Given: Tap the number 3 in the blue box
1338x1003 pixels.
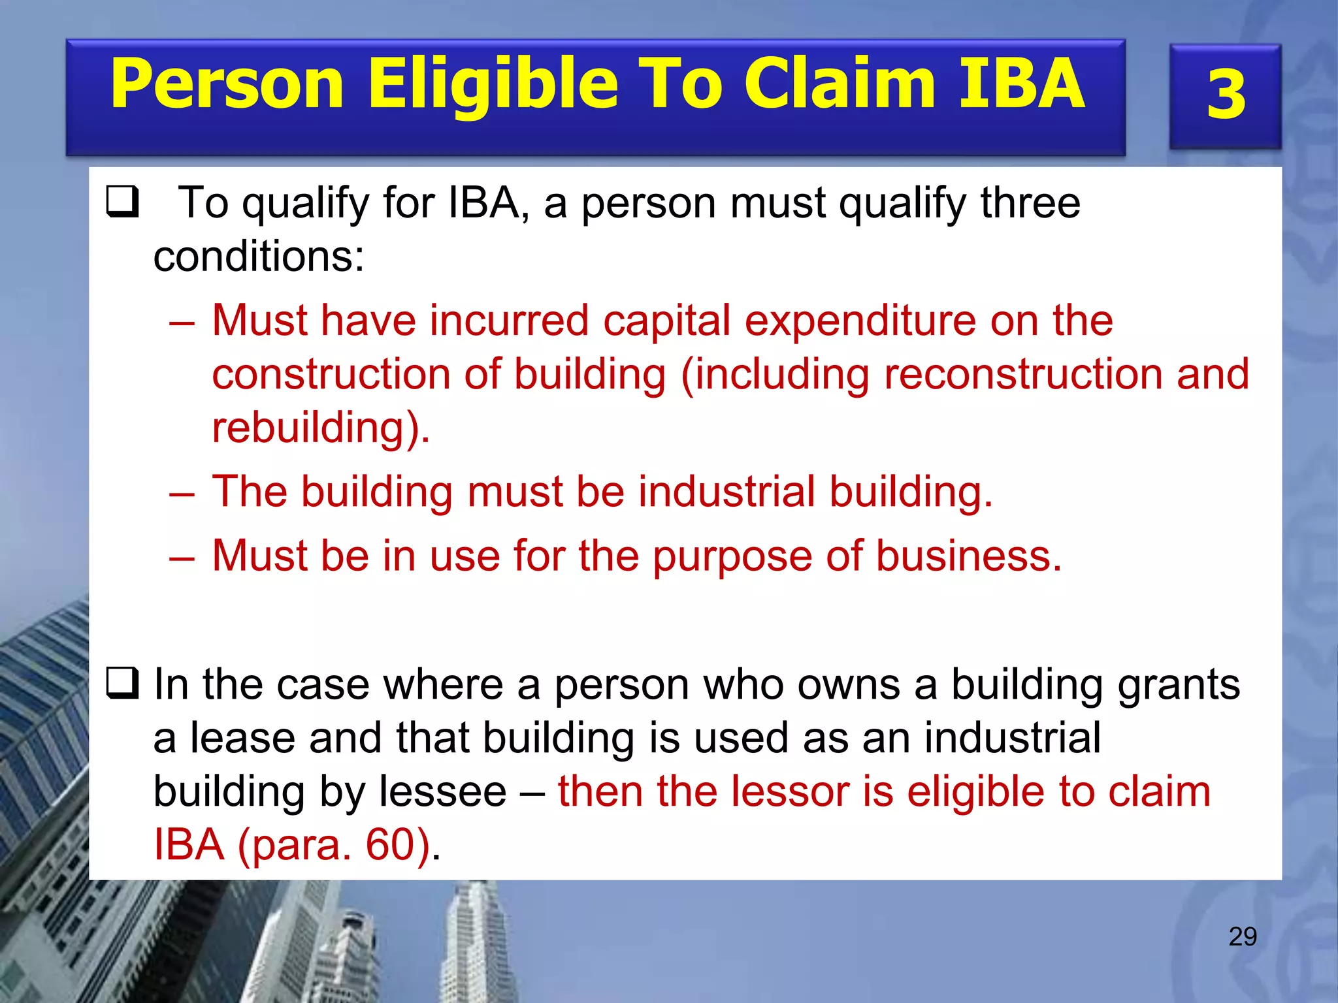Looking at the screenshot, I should (x=1226, y=95).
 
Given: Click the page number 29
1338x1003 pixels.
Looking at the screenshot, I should (x=1243, y=936).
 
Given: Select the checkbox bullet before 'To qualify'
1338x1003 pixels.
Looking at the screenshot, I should (x=122, y=202).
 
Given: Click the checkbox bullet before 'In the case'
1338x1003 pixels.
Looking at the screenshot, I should (x=122, y=684).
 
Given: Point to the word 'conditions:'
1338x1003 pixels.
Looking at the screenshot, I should (x=259, y=256).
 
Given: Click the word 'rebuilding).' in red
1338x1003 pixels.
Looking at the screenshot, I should (x=321, y=428).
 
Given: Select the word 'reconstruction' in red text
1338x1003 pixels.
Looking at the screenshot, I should (x=1023, y=375).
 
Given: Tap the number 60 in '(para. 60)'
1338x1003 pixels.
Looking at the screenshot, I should (x=391, y=845).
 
